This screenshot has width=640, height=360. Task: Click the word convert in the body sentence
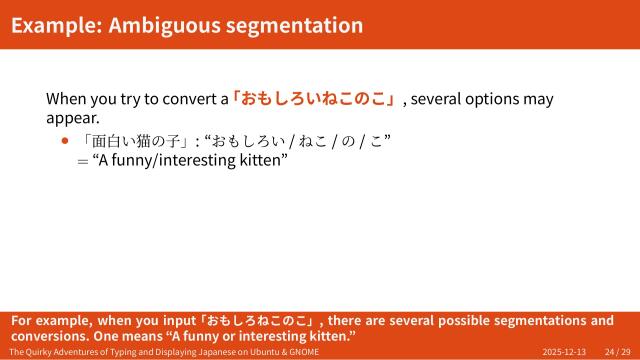181,99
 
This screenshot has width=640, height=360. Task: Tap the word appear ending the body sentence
71,119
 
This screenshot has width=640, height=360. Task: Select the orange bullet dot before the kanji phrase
66,141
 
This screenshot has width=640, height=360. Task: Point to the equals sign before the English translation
82,161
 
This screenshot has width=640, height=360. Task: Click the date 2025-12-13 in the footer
564,353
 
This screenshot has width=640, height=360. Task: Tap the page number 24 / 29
617,353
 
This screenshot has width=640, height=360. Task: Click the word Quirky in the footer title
44,353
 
